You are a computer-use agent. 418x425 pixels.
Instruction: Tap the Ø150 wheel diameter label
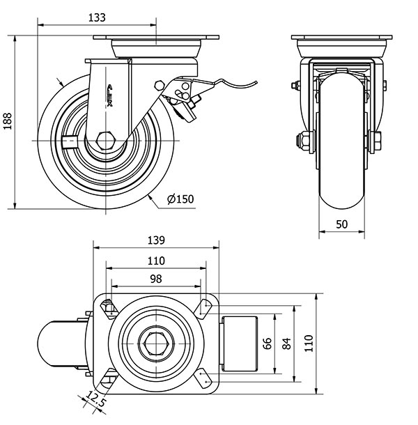click(180, 200)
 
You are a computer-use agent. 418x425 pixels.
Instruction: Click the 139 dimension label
click(155, 240)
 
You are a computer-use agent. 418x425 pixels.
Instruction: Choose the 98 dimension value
click(155, 278)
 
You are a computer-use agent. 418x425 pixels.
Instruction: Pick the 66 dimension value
click(266, 343)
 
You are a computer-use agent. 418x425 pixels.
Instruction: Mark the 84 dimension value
click(286, 343)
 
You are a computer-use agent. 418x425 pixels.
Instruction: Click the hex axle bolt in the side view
click(105, 140)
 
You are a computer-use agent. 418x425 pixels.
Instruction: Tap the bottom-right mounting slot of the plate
click(205, 379)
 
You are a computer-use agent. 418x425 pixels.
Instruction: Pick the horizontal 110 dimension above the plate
click(155, 261)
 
